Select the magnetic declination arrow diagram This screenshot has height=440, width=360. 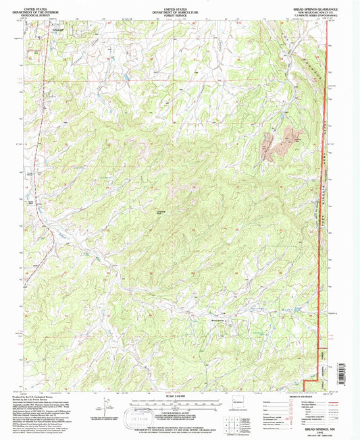(101, 407)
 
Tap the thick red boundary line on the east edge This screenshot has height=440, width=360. (326, 202)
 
